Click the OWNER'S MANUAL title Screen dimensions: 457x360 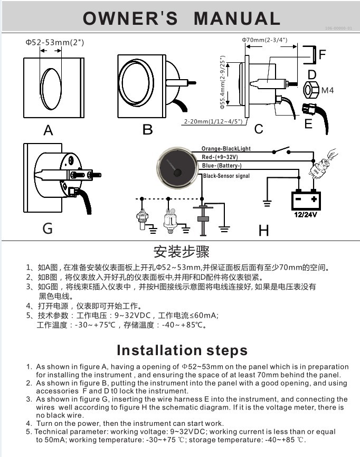pos(181,18)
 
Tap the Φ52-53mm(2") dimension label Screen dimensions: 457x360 pos(54,41)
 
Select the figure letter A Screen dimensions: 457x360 pos(49,130)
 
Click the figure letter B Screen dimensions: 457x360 pos(148,130)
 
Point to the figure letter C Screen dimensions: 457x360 pos(259,129)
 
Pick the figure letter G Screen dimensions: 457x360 pos(48,229)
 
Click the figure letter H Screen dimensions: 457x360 pos(263,230)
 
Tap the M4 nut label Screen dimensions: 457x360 pos(328,91)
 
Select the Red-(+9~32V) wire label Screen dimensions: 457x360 pos(220,157)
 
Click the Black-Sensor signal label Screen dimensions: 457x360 pos(226,176)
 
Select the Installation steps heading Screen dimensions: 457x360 pos(182,350)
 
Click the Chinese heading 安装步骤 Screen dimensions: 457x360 pos(181,251)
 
